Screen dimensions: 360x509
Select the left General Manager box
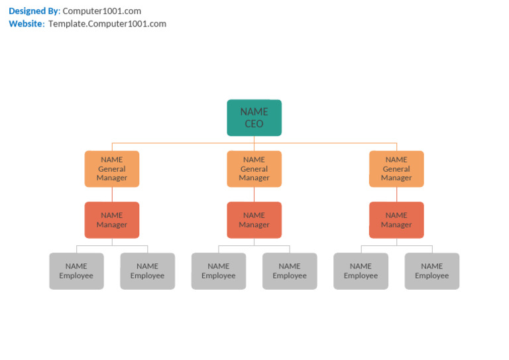click(112, 168)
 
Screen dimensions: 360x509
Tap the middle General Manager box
click(254, 168)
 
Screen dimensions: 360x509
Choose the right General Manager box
click(396, 168)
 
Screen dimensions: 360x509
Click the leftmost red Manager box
click(112, 219)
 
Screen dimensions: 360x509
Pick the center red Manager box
click(254, 219)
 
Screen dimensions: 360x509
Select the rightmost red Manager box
click(396, 219)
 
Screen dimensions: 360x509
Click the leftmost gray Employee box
click(76, 270)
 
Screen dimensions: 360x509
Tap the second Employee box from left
click(147, 270)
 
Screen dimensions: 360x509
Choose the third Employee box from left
click(219, 270)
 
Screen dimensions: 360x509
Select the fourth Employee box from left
click(290, 270)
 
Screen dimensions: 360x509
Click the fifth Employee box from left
click(361, 270)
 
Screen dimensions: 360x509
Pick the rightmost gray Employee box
click(432, 270)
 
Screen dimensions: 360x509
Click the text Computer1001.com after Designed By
click(101, 11)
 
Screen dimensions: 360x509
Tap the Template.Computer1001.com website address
click(107, 24)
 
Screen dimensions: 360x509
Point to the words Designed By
click(33, 11)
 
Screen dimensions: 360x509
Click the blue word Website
click(26, 24)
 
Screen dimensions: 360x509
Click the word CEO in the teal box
click(254, 124)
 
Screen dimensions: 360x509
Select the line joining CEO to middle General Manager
click(254, 143)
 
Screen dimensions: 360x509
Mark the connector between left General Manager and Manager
click(112, 194)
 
